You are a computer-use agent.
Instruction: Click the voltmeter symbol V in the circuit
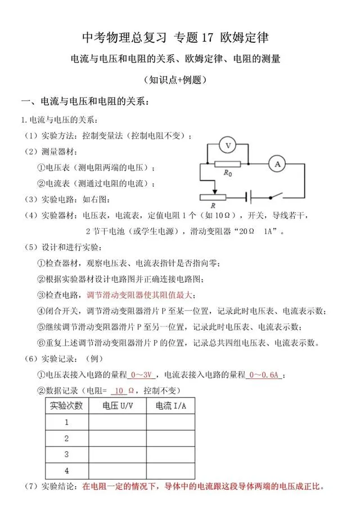228,146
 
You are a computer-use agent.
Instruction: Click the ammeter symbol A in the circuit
276,164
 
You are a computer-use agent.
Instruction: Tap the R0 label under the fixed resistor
228,174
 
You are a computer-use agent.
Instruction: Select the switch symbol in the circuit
274,197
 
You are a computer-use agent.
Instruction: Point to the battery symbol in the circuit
248,197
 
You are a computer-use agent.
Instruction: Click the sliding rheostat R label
212,207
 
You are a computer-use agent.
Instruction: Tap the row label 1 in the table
67,422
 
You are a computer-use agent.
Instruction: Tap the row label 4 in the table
67,470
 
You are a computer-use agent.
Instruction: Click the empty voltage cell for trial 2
118,438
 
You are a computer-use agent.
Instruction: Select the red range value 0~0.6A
265,375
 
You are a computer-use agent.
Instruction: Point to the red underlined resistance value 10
118,390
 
